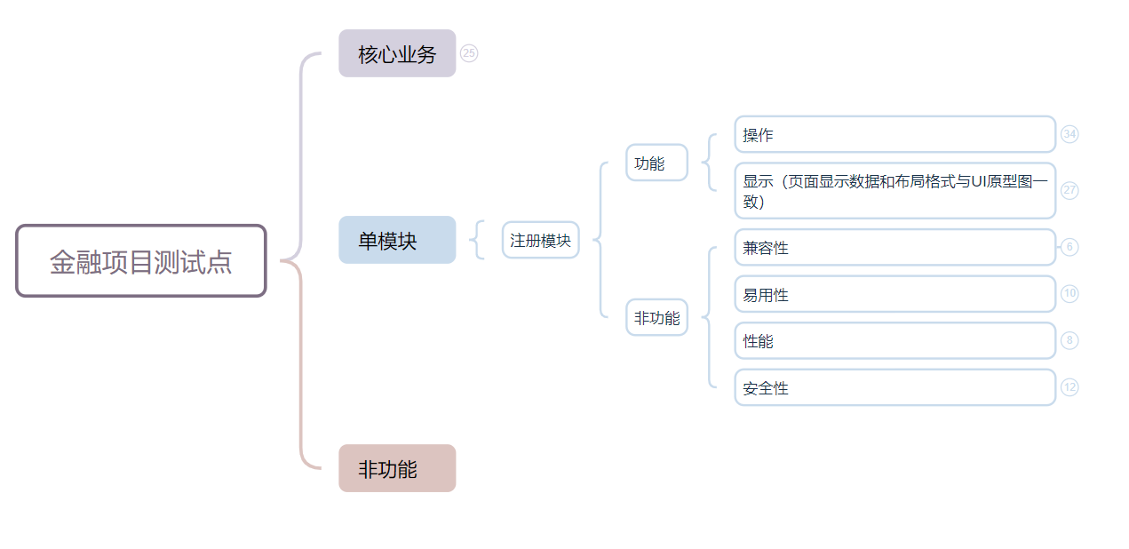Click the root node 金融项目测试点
tap(141, 261)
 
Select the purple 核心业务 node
tap(397, 53)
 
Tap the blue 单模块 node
tap(397, 240)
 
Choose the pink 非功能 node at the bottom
tap(397, 468)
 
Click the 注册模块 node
tap(540, 240)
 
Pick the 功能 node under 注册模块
tap(656, 163)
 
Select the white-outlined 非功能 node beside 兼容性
tap(656, 317)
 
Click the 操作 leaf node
tap(894, 135)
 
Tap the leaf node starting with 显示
tap(894, 190)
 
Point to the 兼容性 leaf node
tap(894, 248)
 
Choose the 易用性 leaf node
tap(894, 294)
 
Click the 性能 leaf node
tap(894, 340)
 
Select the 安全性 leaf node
tap(894, 387)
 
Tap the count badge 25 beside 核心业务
tap(469, 53)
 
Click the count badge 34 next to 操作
tap(1069, 134)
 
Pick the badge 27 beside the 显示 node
tap(1069, 190)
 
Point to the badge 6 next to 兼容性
tap(1069, 247)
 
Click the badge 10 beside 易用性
tap(1069, 293)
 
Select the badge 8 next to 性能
tap(1069, 340)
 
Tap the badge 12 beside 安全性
tap(1069, 386)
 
